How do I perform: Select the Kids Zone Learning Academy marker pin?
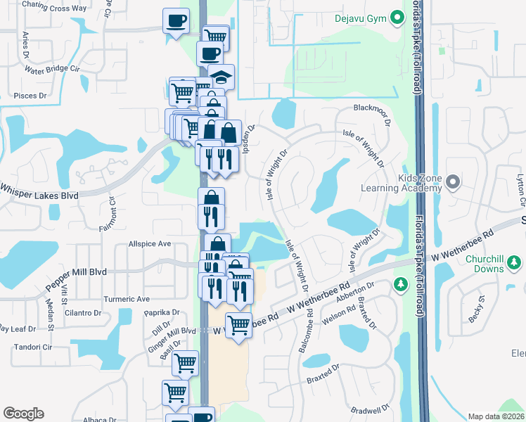tap(453, 183)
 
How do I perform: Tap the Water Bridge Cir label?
tap(53, 70)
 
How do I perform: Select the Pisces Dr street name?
tap(30, 95)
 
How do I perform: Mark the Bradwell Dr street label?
tap(373, 409)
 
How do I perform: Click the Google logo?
tap(23, 414)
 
